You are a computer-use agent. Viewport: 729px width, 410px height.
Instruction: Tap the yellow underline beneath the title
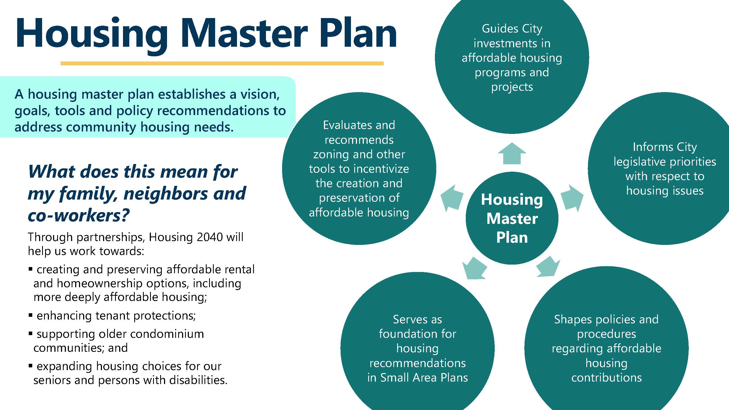(x=222, y=63)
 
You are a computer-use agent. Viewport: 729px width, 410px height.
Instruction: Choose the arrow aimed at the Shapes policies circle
(x=548, y=266)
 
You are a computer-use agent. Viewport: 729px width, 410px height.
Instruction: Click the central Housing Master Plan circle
(x=512, y=218)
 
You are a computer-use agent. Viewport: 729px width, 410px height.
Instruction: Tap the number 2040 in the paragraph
(x=209, y=237)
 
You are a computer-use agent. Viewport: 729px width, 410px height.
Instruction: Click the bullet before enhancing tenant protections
(x=31, y=315)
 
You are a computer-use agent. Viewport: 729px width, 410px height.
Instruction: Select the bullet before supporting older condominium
(x=31, y=333)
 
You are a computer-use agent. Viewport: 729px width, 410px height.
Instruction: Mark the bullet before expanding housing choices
(x=31, y=365)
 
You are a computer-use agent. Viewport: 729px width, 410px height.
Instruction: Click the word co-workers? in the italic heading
(x=78, y=215)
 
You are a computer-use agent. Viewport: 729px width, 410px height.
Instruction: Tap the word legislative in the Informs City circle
(x=638, y=162)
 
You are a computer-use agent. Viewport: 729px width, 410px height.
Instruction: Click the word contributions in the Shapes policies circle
(x=606, y=378)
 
